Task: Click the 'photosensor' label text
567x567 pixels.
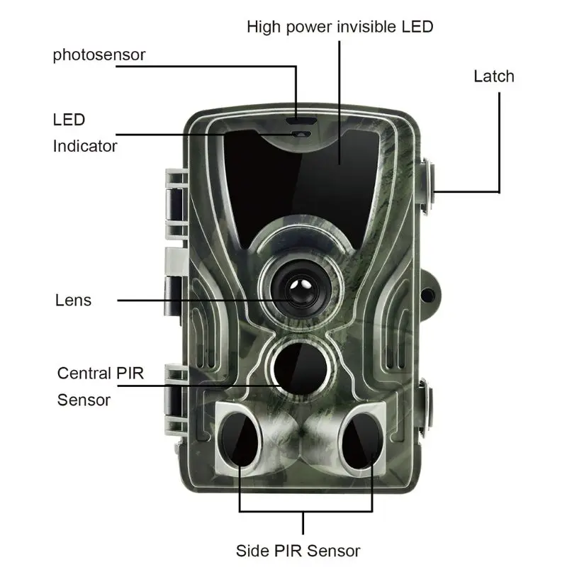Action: (99, 55)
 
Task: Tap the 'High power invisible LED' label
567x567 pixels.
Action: (339, 27)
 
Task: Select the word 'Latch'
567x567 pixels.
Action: (493, 76)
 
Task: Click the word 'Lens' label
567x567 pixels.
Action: (73, 300)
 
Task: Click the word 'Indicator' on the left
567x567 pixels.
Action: (84, 146)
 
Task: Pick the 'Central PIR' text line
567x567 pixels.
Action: (100, 373)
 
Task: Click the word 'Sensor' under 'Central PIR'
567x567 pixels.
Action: (84, 400)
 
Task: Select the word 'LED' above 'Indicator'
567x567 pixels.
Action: (69, 119)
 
